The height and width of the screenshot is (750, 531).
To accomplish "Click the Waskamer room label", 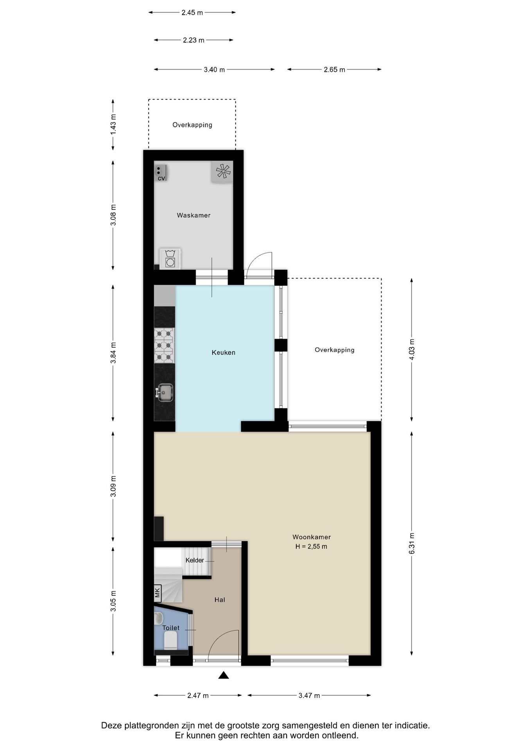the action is tap(194, 215).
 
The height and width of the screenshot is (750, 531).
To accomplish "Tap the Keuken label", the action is tap(224, 352).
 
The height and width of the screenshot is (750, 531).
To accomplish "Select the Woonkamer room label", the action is tap(312, 537).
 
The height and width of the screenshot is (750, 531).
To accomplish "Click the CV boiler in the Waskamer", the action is tap(161, 173).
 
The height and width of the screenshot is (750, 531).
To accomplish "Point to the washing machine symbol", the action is tap(170, 258).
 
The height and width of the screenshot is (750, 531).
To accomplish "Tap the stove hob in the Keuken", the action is tap(164, 345).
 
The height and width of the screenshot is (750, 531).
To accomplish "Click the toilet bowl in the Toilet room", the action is tap(170, 641).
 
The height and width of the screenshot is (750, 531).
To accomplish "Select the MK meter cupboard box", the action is tap(158, 593).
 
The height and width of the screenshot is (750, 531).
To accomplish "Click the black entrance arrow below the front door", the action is tap(224, 675).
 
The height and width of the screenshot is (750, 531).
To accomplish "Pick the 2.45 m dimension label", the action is tap(192, 12).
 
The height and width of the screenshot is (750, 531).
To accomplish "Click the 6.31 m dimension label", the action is tap(412, 543).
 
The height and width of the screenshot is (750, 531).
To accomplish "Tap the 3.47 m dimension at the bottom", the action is tap(309, 695).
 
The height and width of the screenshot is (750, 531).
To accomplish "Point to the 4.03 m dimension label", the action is tap(412, 350).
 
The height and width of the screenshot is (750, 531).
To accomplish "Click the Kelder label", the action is tap(195, 560).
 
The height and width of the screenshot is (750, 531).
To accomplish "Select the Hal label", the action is tap(220, 600).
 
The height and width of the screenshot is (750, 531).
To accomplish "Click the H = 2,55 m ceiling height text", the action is tap(311, 546).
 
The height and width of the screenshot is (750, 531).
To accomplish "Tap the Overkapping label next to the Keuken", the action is tap(335, 350).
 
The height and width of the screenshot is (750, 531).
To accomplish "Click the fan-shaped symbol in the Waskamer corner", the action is tap(222, 171).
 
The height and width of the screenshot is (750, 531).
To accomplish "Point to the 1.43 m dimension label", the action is tap(113, 125).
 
